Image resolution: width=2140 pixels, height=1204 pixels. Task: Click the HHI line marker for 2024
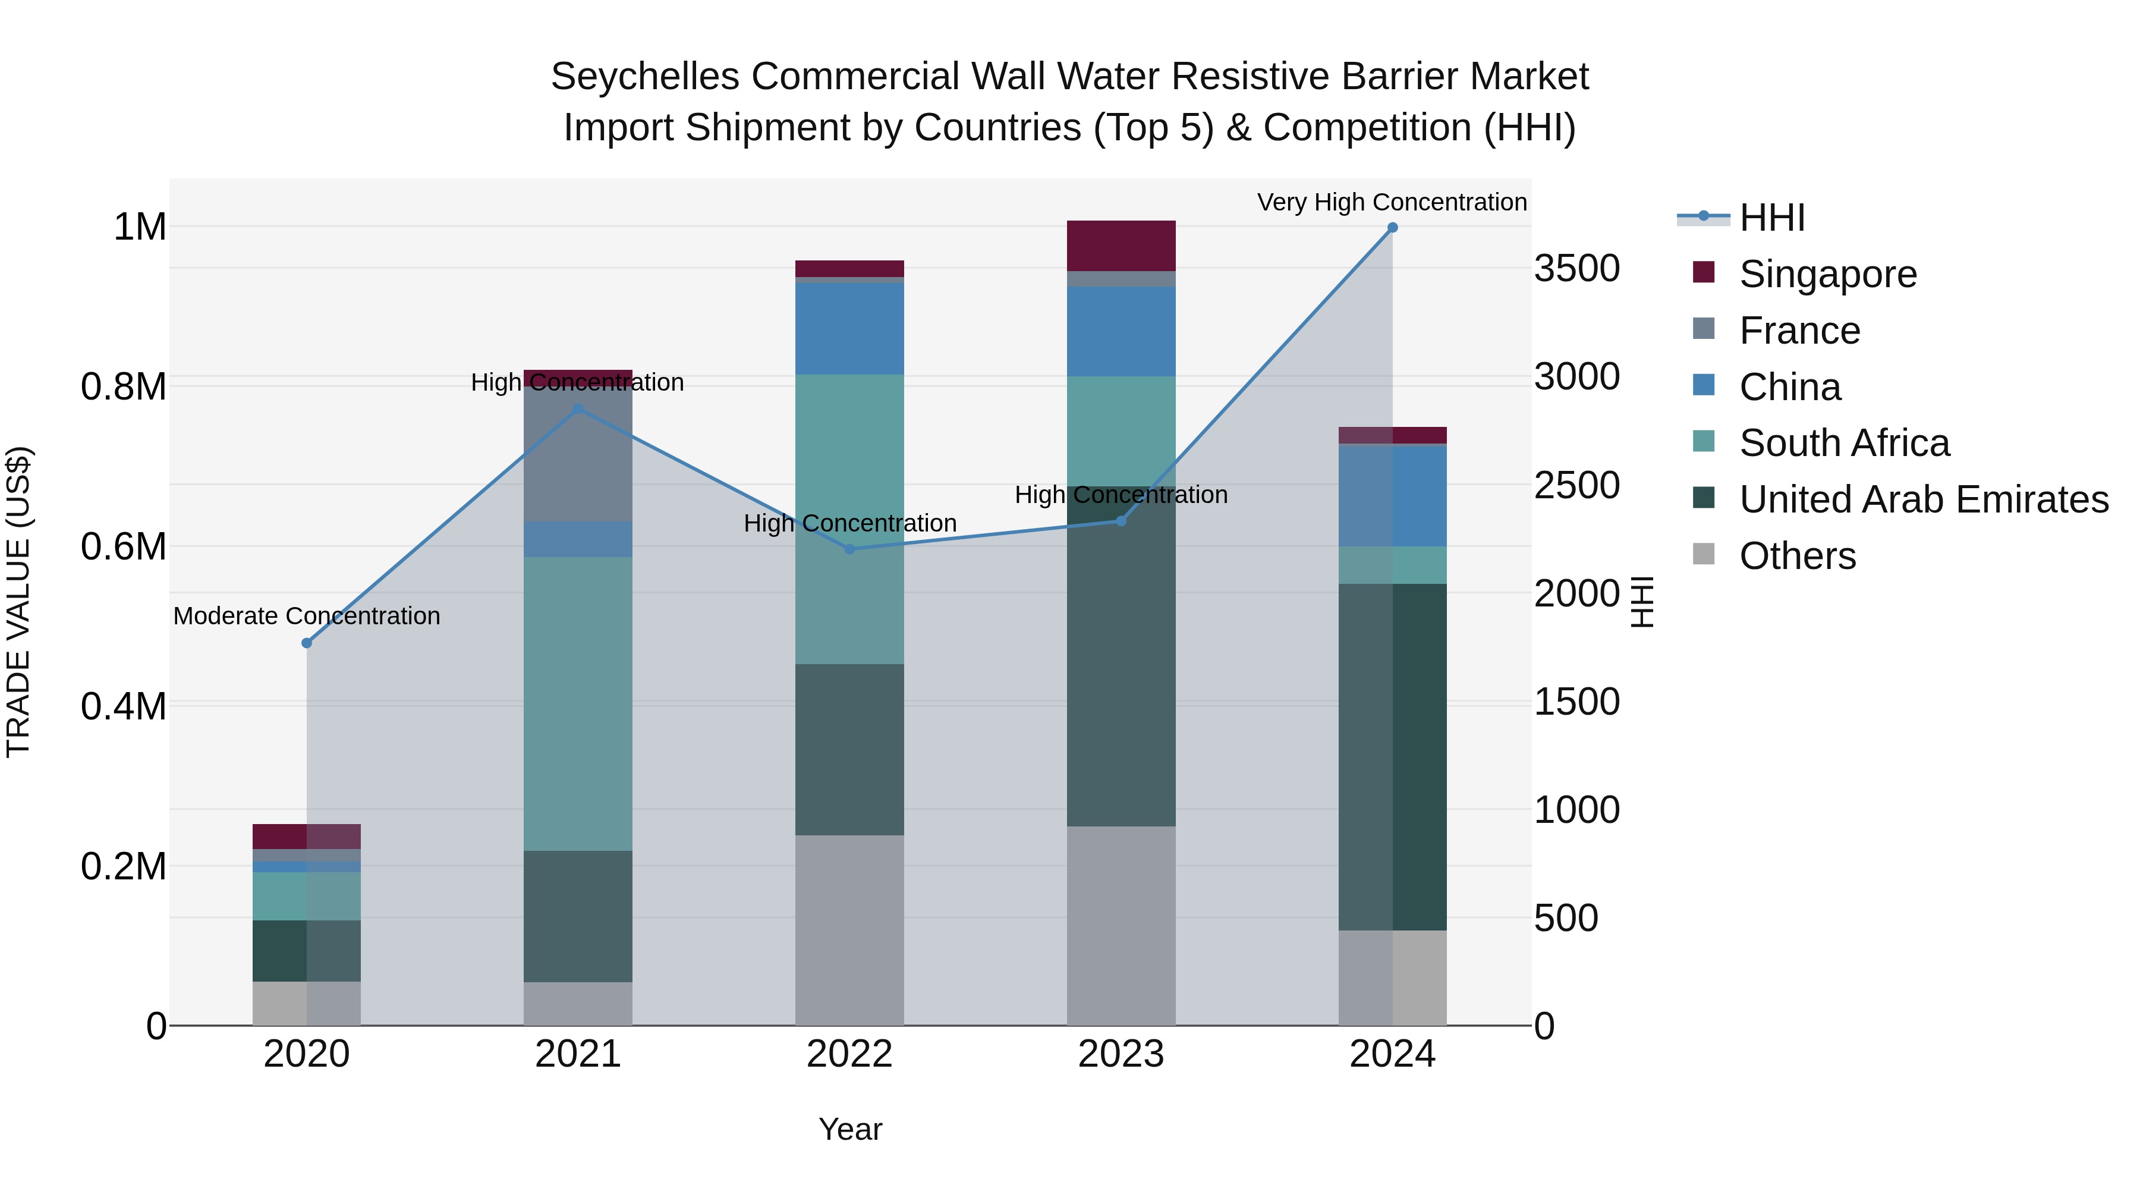coord(1392,228)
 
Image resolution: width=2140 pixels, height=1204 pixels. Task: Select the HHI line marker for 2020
coord(307,643)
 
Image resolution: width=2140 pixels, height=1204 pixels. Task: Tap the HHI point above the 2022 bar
coord(849,549)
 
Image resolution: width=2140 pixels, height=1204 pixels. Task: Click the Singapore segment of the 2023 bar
coord(1121,246)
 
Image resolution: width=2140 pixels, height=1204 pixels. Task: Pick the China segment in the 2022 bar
coord(849,329)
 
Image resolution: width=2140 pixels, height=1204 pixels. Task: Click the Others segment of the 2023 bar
coord(1121,926)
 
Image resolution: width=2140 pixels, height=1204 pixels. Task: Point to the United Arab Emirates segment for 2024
coord(1392,757)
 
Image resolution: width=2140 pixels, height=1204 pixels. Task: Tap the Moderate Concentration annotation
coord(307,617)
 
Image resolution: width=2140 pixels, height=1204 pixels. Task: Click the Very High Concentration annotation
coord(1392,203)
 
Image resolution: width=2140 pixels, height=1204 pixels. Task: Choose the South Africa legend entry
coord(1843,443)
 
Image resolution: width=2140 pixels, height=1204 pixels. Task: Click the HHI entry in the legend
coord(1771,218)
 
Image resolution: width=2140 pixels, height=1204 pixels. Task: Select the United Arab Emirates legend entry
coord(1923,499)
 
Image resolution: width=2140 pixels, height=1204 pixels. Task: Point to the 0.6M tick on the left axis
coord(123,547)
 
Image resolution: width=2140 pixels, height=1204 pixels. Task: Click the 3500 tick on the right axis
coord(1576,268)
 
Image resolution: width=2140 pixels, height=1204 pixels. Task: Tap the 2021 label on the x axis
coord(577,1054)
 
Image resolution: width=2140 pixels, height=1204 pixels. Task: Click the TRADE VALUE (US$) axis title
coord(18,602)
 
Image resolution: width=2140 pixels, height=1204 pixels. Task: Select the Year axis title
coord(850,1129)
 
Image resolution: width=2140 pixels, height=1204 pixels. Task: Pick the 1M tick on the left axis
coord(140,227)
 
